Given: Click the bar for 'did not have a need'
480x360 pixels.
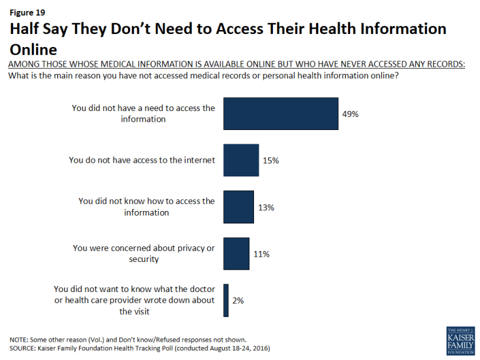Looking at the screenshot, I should click(x=280, y=114).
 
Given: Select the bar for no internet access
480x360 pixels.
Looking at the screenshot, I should click(x=241, y=160).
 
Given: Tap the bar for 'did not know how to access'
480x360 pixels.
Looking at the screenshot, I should click(x=238, y=207).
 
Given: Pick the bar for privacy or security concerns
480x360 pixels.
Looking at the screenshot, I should click(x=236, y=254).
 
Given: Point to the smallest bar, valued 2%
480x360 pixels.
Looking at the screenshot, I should click(x=226, y=301).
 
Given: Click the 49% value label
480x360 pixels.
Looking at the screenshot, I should click(x=351, y=114).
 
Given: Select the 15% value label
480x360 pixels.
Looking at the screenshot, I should click(x=270, y=160).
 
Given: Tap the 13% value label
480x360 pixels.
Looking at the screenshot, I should click(x=265, y=207).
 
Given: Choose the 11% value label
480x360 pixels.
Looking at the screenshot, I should click(x=261, y=254).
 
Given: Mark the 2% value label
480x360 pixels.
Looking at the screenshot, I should click(x=238, y=301).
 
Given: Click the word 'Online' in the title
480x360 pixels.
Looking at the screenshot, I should click(x=33, y=49).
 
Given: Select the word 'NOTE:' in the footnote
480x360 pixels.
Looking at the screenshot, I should click(x=21, y=339).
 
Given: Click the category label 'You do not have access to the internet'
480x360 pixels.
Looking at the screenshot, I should click(x=142, y=160).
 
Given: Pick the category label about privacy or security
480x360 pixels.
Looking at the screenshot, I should click(x=144, y=254).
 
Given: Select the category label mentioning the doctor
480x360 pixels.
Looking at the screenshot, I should click(x=135, y=301).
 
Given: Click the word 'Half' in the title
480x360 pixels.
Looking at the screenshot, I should click(x=27, y=29).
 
